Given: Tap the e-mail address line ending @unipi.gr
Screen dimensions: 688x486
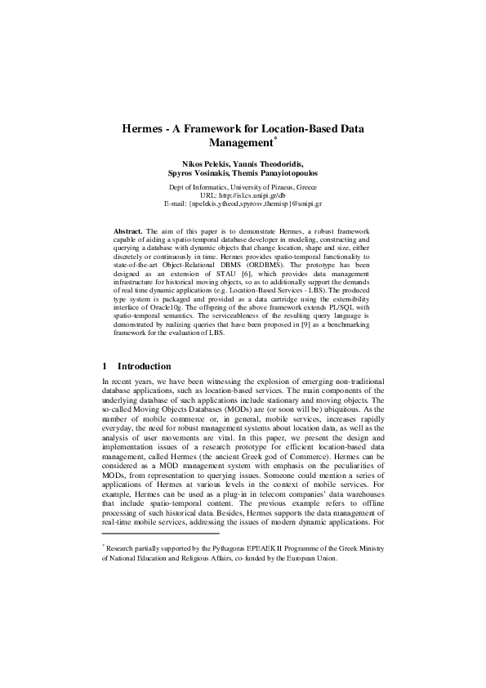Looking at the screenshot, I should [243, 204].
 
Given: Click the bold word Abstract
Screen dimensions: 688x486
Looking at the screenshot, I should [129, 232].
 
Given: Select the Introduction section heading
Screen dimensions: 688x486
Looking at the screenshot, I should [145, 366].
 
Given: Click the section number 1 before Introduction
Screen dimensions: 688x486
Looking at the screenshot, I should [105, 366].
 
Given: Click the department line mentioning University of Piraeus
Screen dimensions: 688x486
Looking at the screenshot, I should [243, 186].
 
